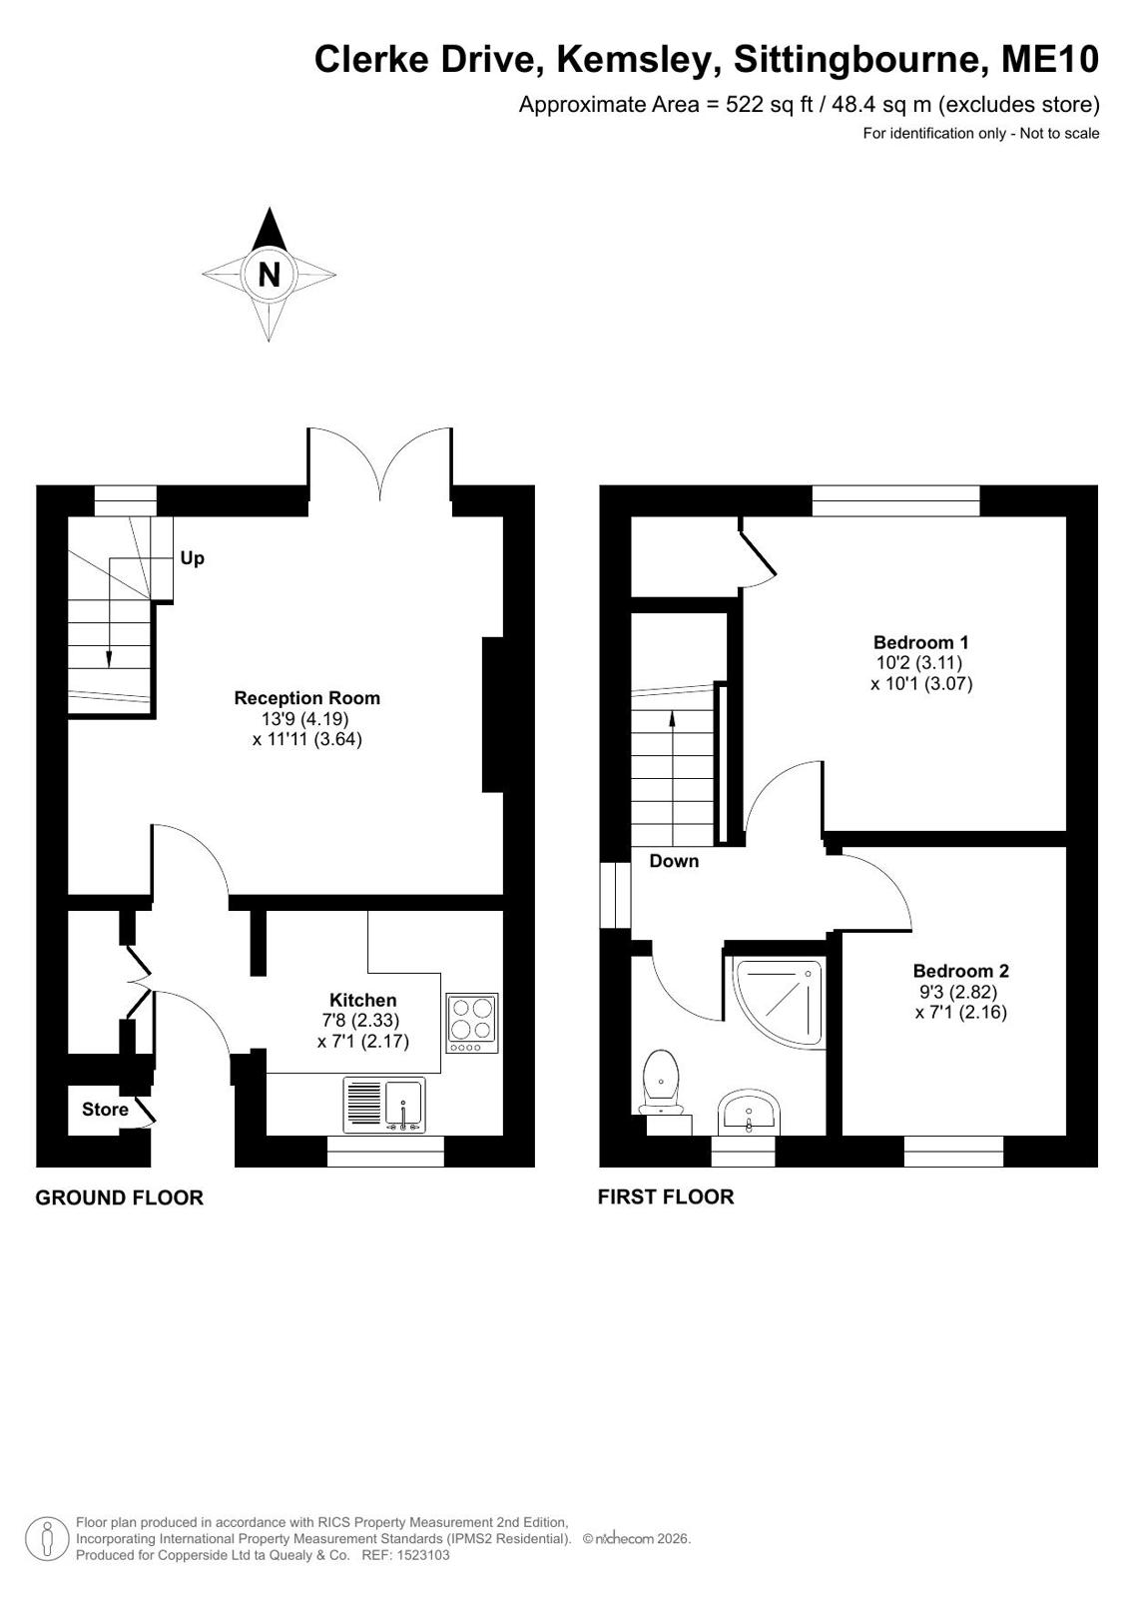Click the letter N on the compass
269,275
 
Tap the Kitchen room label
362,1000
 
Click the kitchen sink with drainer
384,1105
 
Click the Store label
105,1109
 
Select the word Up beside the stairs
193,558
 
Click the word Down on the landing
674,861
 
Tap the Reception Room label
307,697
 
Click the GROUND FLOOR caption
120,1198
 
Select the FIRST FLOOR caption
666,1197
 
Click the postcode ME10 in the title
1050,59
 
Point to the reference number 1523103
423,1555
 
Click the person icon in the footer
47,1538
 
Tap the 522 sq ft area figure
769,104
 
